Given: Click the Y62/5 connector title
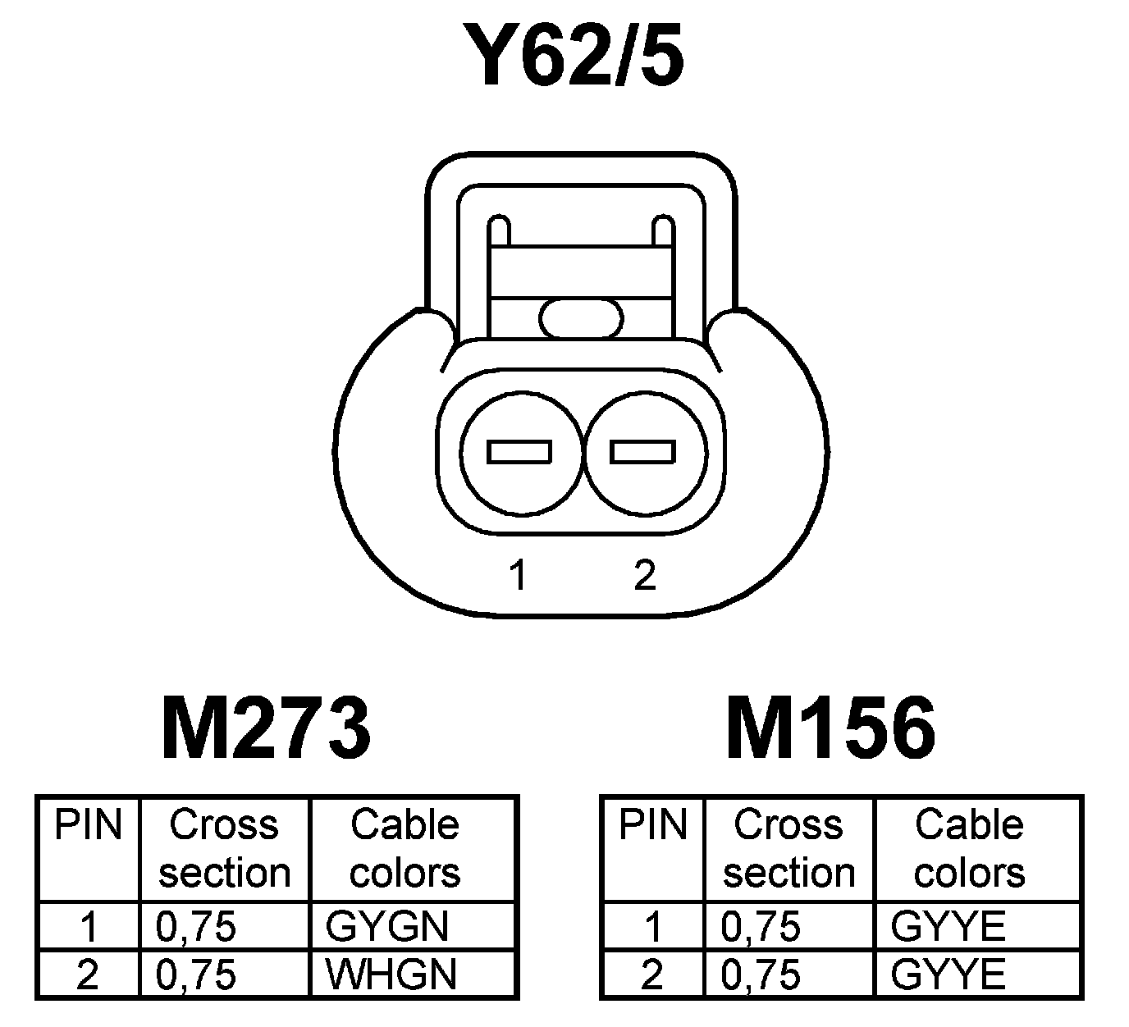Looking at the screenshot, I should click(573, 56).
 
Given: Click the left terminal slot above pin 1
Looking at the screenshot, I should click(519, 452).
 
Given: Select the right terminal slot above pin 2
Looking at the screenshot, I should click(644, 452).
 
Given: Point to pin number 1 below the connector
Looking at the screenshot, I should click(517, 576).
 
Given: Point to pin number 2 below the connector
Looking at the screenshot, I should click(645, 576).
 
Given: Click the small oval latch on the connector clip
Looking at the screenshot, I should click(582, 317).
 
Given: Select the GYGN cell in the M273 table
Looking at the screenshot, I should click(387, 927).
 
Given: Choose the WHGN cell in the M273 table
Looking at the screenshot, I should click(391, 975).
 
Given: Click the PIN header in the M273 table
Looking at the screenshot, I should click(88, 824).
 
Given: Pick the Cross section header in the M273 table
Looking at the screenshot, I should click(224, 848).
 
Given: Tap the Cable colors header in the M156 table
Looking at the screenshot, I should click(969, 848).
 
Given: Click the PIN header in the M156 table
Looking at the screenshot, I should click(652, 824).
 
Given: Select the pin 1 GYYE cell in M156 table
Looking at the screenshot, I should click(948, 927).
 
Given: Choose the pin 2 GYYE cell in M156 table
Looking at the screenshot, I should click(948, 975).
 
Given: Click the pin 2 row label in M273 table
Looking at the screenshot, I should click(87, 975).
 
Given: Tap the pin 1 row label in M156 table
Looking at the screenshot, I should click(652, 927).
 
